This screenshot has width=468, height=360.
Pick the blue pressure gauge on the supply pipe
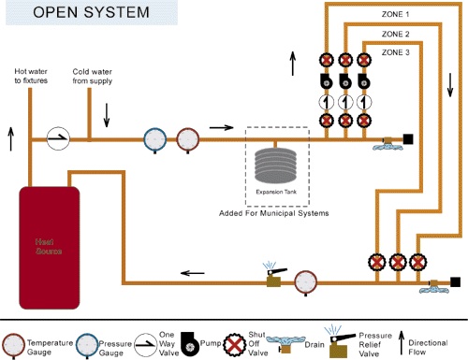click(x=155, y=140)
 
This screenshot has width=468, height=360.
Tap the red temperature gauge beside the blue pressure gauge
click(x=187, y=140)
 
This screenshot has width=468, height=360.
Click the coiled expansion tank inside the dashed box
click(x=276, y=169)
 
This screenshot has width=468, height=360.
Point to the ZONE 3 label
click(x=393, y=53)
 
